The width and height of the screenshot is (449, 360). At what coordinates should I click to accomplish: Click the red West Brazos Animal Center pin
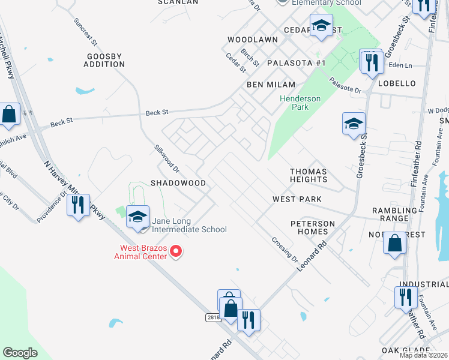[x=176, y=251]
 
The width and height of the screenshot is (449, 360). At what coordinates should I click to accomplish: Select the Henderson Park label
[x=300, y=103]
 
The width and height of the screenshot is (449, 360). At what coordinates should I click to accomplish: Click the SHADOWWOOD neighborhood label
[x=178, y=182]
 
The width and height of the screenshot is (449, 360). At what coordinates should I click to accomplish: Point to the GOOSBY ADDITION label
[x=104, y=60]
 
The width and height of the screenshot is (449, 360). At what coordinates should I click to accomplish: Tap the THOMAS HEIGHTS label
[x=309, y=175]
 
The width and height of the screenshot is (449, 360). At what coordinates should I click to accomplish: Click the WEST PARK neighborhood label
[x=297, y=199]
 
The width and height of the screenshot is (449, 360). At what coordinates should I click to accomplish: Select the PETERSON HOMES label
[x=313, y=228]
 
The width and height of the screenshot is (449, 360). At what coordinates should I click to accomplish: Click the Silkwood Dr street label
[x=163, y=157]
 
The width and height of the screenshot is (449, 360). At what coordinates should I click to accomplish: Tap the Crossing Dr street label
[x=284, y=248]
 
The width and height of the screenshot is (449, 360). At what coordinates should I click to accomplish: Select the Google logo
[x=20, y=353]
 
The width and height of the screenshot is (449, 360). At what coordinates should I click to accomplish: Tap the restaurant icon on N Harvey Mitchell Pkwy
[x=78, y=205]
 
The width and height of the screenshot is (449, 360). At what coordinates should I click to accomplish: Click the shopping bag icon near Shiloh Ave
[x=9, y=114]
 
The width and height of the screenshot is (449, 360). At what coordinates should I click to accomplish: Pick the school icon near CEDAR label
[x=321, y=25]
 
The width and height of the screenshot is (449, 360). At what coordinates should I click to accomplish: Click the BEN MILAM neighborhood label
[x=271, y=85]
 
